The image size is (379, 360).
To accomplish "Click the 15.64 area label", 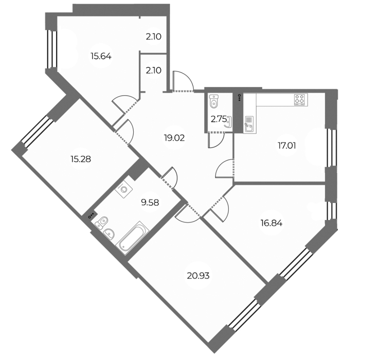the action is [x=101, y=57].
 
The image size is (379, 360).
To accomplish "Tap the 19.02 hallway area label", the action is [x=174, y=138].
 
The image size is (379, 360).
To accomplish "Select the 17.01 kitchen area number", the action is [x=286, y=146].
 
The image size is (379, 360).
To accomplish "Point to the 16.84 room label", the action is [x=272, y=223].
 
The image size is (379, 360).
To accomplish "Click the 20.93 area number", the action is [x=198, y=276].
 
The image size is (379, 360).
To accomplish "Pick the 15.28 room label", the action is [x=81, y=159].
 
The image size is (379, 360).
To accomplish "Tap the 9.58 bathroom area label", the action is [x=150, y=203].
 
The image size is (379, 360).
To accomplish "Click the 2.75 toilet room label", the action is [x=219, y=119].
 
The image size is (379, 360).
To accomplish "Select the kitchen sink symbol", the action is [x=250, y=124].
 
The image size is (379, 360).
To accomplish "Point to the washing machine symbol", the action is [x=124, y=189].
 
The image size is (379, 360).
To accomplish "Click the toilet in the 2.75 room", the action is [x=214, y=101].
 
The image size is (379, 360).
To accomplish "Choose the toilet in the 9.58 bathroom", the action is [x=102, y=222].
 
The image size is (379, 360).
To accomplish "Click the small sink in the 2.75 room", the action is [x=229, y=122].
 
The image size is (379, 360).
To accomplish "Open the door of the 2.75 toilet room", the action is [x=216, y=140].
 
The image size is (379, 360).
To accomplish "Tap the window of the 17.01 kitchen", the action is [x=331, y=148].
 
